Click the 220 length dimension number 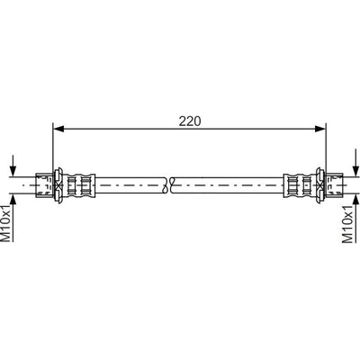190,121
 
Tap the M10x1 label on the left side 6,223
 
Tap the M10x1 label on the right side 347,224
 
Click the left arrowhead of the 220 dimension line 58,129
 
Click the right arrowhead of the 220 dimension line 320,129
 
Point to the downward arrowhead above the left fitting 13,171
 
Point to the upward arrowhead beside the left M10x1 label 13,200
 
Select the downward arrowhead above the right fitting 355,171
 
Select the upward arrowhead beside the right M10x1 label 355,200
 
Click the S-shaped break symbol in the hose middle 168,185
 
